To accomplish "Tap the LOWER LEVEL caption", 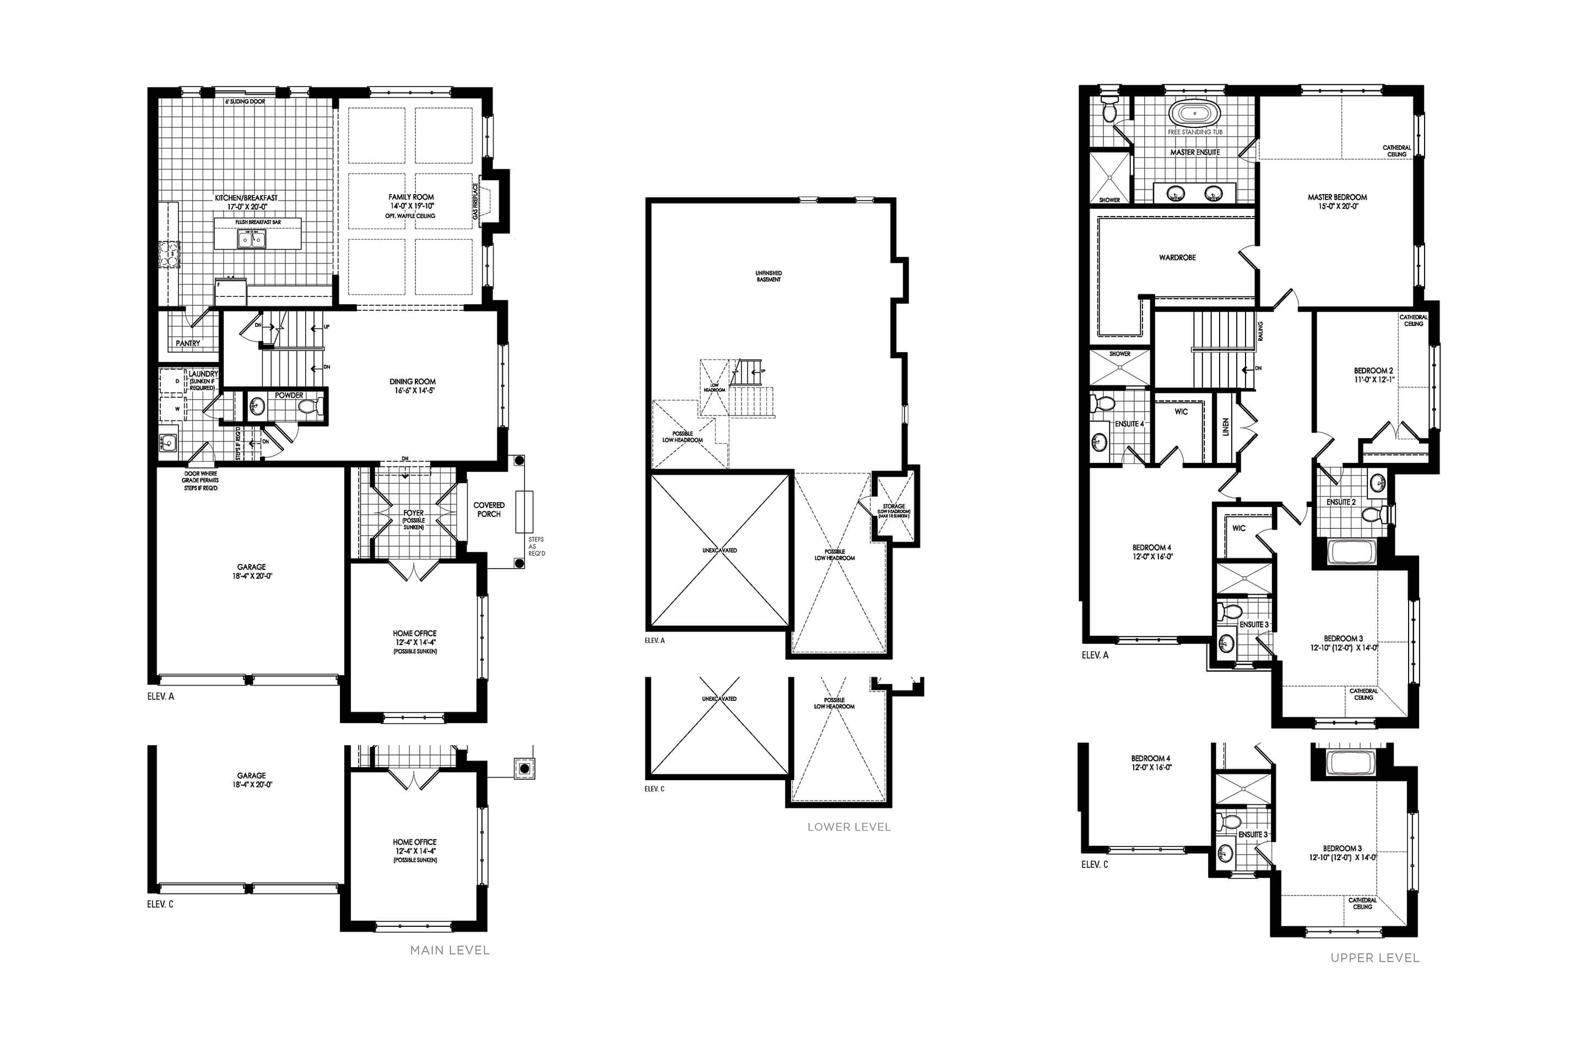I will click(848, 827).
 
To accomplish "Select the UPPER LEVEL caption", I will click(1374, 958).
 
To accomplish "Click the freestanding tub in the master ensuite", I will click(1194, 113).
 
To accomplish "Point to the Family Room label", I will click(411, 197).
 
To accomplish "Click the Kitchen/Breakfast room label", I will click(246, 198).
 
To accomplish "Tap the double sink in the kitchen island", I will click(252, 239).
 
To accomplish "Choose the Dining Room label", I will click(413, 382).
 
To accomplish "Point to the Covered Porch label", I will click(489, 510).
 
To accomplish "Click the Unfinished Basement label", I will click(768, 276).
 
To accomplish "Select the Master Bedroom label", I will click(1337, 198).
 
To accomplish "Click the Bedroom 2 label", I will click(1373, 371).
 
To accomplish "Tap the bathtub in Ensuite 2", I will click(1350, 552).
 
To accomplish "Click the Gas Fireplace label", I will click(476, 202).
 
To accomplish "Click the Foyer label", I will click(413, 514).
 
